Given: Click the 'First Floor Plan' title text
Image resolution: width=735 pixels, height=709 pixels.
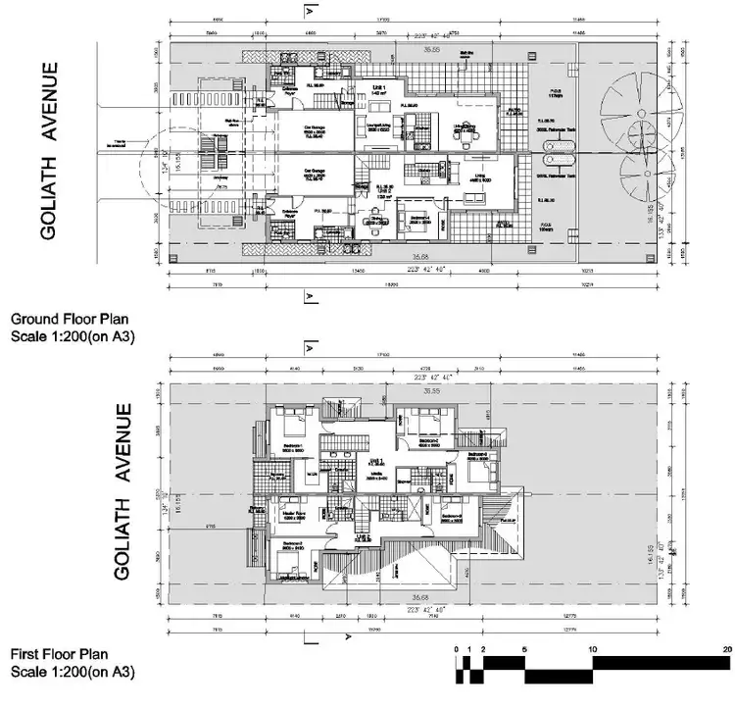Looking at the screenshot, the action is pyautogui.click(x=61, y=653).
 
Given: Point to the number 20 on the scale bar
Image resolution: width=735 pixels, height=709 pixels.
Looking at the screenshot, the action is pyautogui.click(x=726, y=649).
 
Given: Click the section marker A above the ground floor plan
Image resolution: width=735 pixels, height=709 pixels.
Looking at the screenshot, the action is pyautogui.click(x=310, y=12).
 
